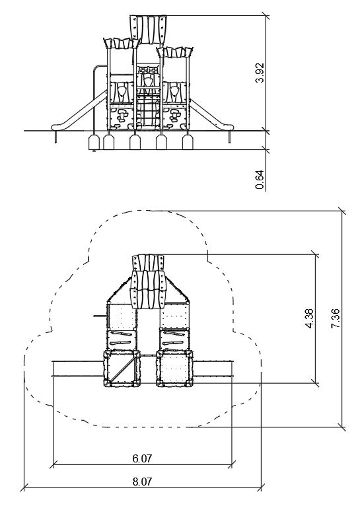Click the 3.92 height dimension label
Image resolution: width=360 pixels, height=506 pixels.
[x=260, y=73]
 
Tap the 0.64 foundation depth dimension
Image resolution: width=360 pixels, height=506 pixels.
[x=260, y=180]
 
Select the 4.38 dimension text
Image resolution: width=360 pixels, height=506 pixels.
[x=308, y=318]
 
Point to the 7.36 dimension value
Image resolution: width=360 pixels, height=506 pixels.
[x=335, y=318]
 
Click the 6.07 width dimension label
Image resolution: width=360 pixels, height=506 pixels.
[x=142, y=458]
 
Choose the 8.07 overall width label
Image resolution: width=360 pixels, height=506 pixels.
[x=142, y=482]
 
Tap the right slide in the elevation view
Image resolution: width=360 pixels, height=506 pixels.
[x=211, y=114]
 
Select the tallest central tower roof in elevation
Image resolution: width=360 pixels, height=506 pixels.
[x=149, y=29]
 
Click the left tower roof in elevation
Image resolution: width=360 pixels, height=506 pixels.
[x=121, y=43]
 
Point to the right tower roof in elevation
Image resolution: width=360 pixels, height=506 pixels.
[x=175, y=52]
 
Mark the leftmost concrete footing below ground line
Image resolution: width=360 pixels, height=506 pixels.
[x=94, y=142]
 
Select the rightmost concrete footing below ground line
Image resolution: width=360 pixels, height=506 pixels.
[x=188, y=142]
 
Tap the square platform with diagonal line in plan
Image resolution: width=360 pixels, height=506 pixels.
[x=122, y=369]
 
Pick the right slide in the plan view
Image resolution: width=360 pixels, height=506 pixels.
[x=213, y=369]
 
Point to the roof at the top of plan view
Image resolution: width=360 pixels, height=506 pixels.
[x=149, y=281]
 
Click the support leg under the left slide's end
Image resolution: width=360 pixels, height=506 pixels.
[x=56, y=137]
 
